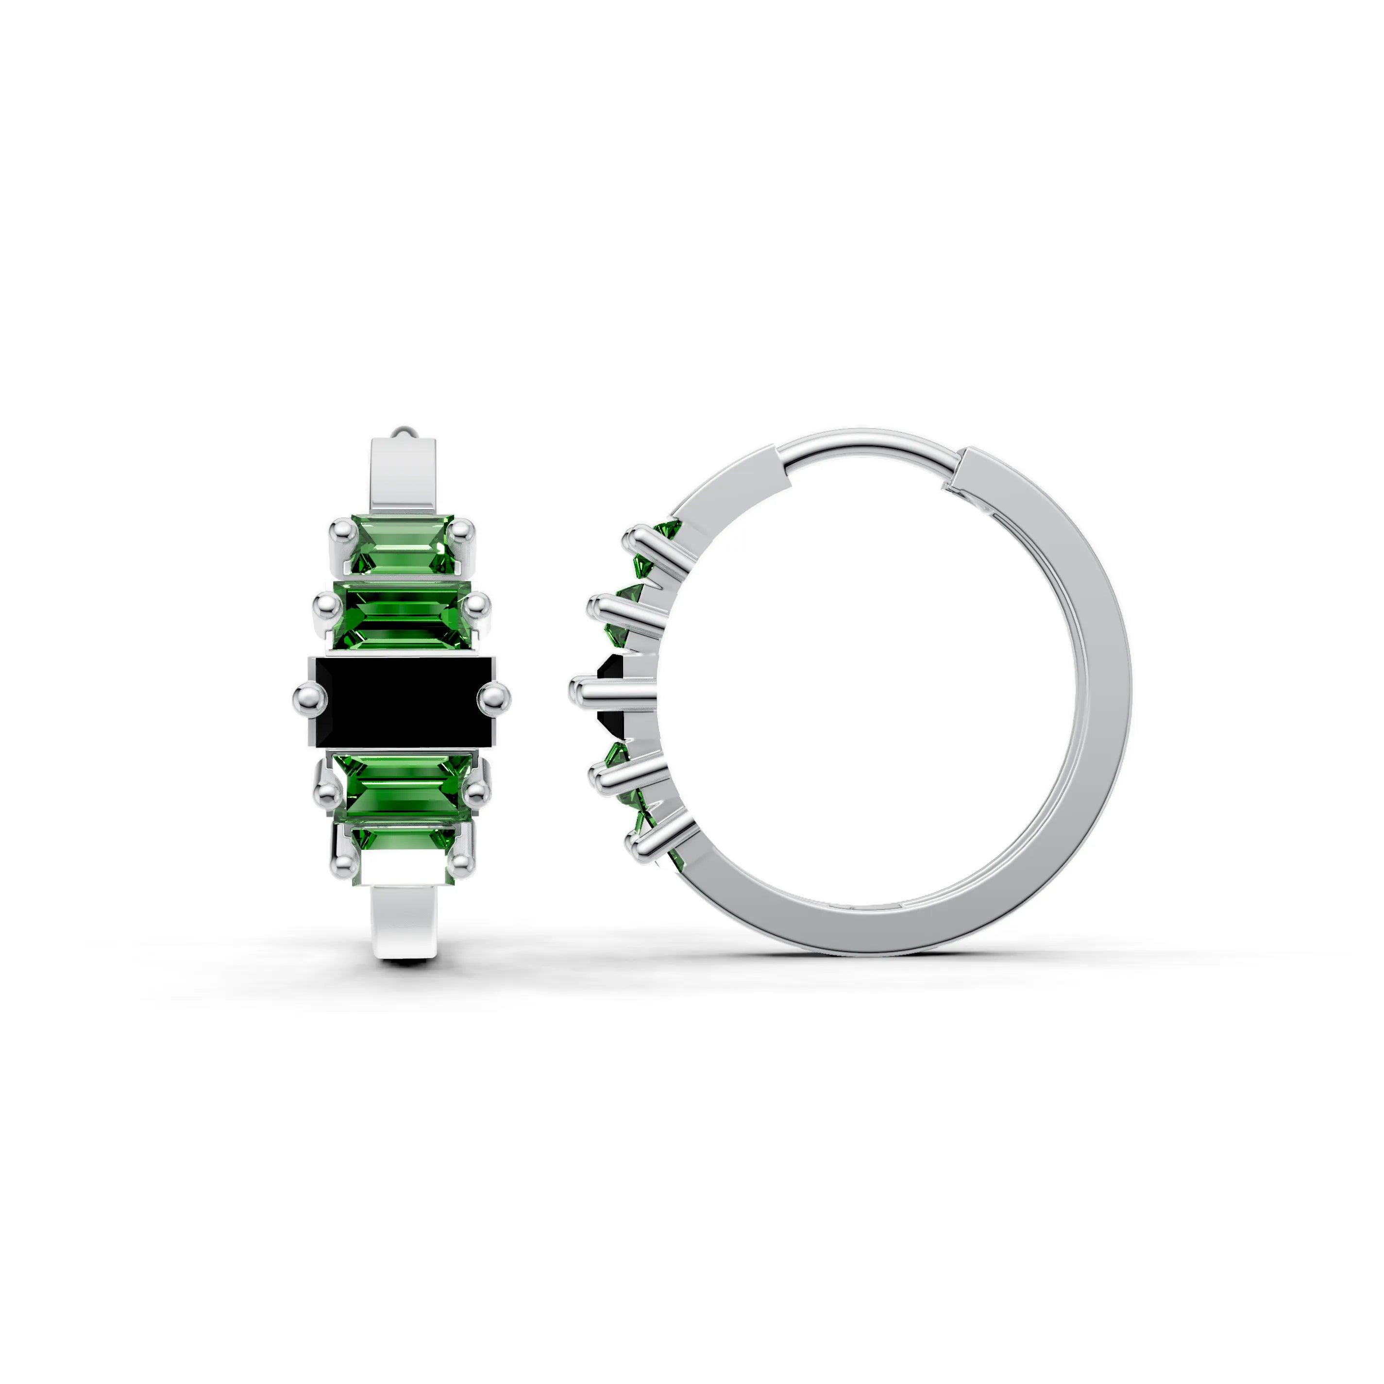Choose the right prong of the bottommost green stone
(462, 863)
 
